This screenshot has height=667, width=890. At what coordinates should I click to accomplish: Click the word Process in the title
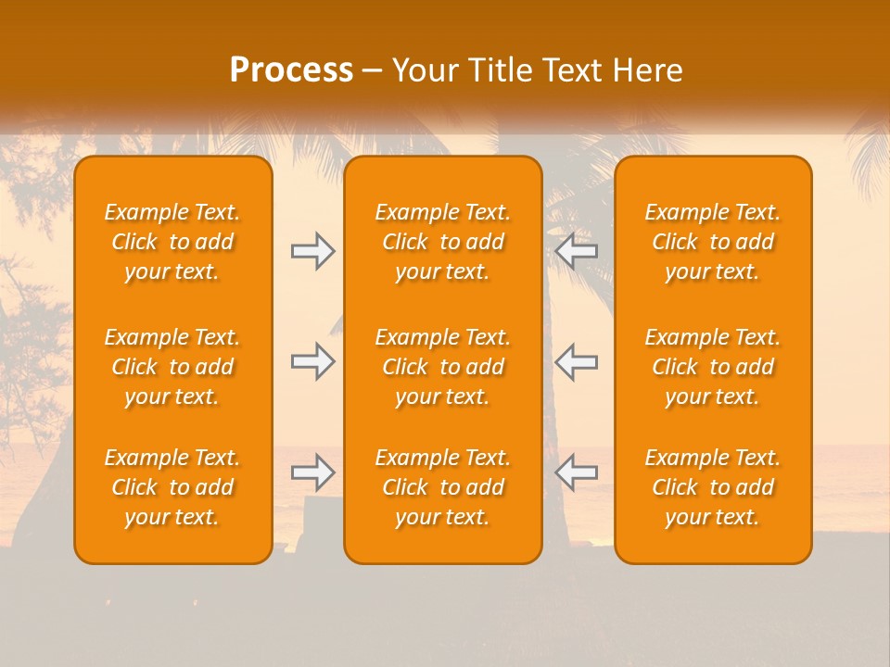291,70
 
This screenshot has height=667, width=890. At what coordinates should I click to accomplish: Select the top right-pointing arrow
312,251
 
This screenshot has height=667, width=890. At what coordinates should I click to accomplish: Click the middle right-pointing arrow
312,360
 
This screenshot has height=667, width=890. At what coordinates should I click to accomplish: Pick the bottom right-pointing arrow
312,472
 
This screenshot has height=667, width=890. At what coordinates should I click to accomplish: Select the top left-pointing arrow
577,251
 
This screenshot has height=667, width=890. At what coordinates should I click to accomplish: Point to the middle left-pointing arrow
577,360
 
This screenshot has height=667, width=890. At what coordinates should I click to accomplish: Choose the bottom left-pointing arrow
577,472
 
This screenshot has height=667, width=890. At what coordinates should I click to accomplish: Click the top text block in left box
172,242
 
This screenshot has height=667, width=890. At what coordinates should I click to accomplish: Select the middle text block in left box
172,367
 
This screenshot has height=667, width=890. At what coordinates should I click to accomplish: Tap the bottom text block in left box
172,487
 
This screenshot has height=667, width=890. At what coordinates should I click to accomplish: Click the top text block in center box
442,242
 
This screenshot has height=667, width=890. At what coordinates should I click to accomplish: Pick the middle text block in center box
442,367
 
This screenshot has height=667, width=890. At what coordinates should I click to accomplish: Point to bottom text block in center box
442,487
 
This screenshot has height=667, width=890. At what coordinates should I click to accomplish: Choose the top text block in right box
712,242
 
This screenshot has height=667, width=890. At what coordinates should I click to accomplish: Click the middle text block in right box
712,367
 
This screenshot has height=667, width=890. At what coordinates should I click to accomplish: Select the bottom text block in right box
712,487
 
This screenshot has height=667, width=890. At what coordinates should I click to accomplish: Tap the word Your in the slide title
426,70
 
